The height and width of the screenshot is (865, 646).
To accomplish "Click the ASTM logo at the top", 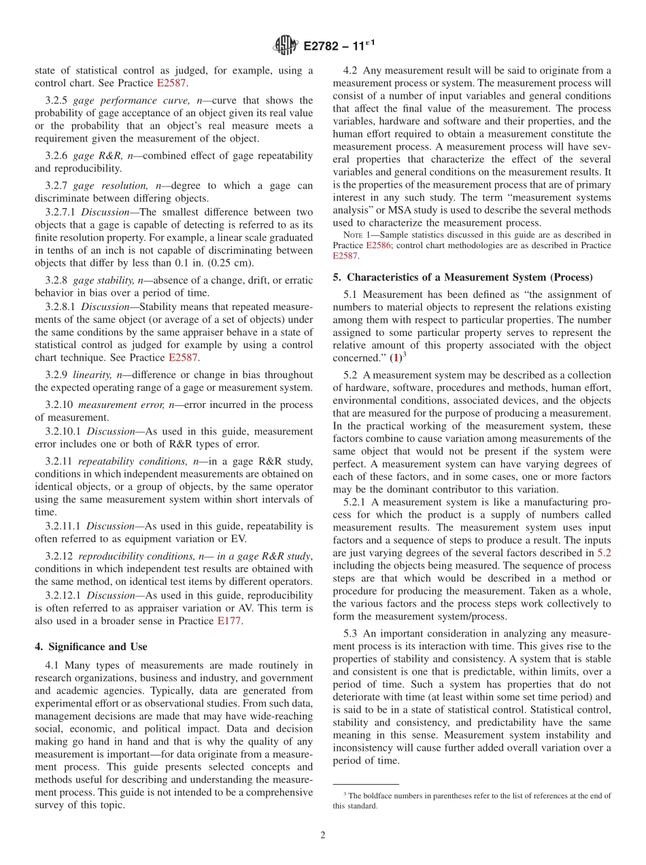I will point(285,46).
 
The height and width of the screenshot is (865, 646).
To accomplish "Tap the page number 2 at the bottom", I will point(323,836).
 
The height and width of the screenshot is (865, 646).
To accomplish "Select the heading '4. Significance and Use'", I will point(90,646).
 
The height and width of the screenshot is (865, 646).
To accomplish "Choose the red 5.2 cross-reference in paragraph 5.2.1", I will point(603,553).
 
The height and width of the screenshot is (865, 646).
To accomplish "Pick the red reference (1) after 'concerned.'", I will point(394,357).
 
